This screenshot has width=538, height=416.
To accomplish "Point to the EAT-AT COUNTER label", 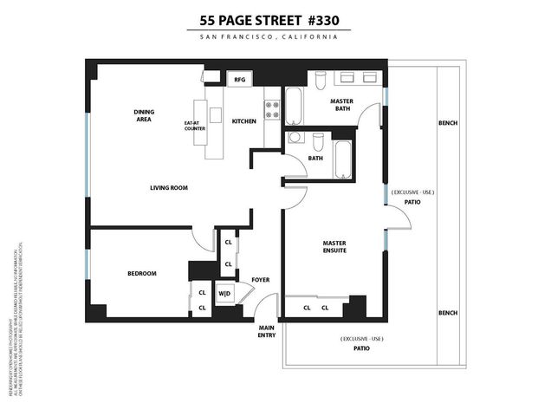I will (207, 126).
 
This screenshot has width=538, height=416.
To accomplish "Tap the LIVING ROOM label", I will (169, 187).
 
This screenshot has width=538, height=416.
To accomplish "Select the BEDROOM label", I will (142, 274).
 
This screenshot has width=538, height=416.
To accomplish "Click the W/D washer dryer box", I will (224, 293).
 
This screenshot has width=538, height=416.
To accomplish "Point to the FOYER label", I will (260, 280).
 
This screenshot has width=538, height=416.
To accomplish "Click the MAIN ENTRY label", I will (266, 330).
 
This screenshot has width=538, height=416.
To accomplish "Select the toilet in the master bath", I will (319, 80).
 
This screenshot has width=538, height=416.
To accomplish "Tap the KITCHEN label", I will (244, 121).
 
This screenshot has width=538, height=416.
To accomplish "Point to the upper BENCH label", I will (448, 123).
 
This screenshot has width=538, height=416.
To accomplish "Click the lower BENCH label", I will (448, 312).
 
